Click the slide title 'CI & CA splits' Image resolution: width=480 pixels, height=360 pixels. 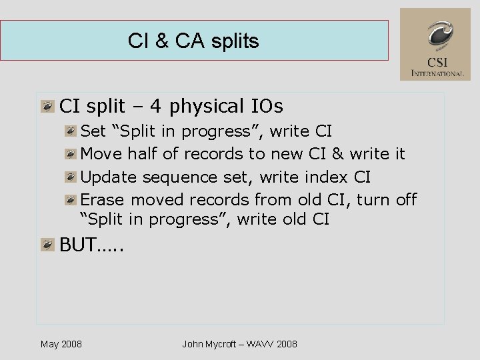click(193, 41)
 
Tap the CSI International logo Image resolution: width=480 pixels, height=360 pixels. click(435, 44)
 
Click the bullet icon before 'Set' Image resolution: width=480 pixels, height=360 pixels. click(71, 131)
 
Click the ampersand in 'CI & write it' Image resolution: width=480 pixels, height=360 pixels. click(337, 154)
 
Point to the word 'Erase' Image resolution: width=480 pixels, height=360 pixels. click(103, 200)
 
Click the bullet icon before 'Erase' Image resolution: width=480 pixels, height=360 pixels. click(71, 200)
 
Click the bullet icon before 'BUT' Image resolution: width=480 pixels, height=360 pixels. click(47, 245)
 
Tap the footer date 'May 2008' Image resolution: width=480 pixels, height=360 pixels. click(61, 344)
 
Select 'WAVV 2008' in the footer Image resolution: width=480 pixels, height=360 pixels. click(273, 344)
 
